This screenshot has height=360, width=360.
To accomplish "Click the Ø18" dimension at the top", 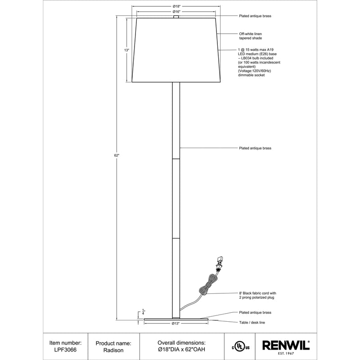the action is coord(177,5).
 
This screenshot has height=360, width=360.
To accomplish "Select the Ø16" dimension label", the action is coord(177,12).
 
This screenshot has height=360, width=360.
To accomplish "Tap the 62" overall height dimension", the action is coord(117,155).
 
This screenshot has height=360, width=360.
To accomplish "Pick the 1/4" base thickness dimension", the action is coord(143,312).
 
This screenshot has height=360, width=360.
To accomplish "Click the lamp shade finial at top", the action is coord(176,17).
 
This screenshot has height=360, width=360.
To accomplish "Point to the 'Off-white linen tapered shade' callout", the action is coord(251,36).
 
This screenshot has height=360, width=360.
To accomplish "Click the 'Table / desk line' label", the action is coord(252,323).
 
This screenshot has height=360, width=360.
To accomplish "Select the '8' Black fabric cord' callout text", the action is coord(256,295).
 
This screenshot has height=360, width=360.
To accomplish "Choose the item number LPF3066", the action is coord(66,349).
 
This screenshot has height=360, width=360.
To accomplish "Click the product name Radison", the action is coord(114,349).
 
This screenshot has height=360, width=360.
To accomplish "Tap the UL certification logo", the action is coord(240,346).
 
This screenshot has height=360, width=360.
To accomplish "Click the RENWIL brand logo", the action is coord(286,345).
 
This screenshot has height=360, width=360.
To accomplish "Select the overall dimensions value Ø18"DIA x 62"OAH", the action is coord(182,349).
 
